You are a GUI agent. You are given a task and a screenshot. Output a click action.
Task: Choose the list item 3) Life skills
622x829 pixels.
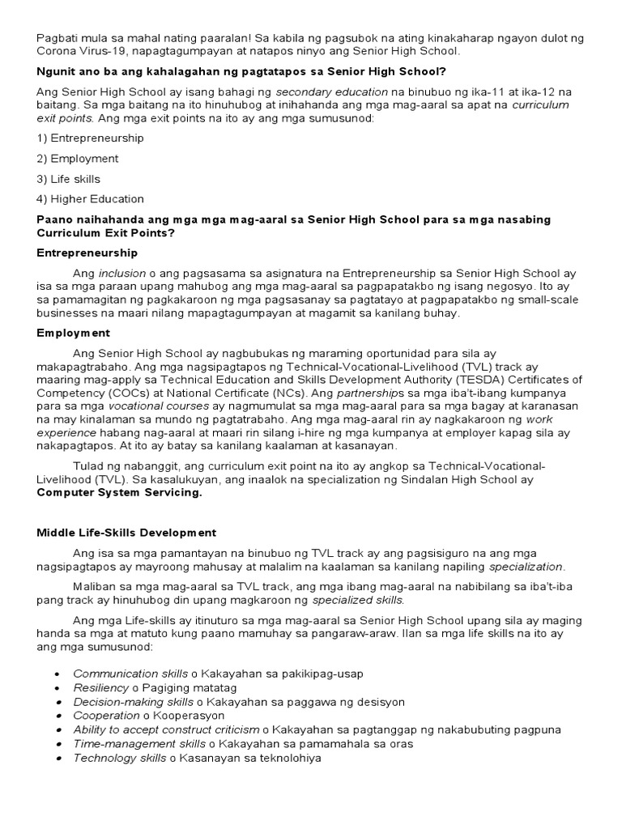click(x=69, y=178)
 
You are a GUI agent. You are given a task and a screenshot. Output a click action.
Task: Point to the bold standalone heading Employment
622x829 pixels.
click(x=74, y=333)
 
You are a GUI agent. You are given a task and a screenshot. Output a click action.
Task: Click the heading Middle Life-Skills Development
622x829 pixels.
click(x=126, y=533)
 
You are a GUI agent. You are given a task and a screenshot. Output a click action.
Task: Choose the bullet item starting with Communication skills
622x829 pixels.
click(x=218, y=674)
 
